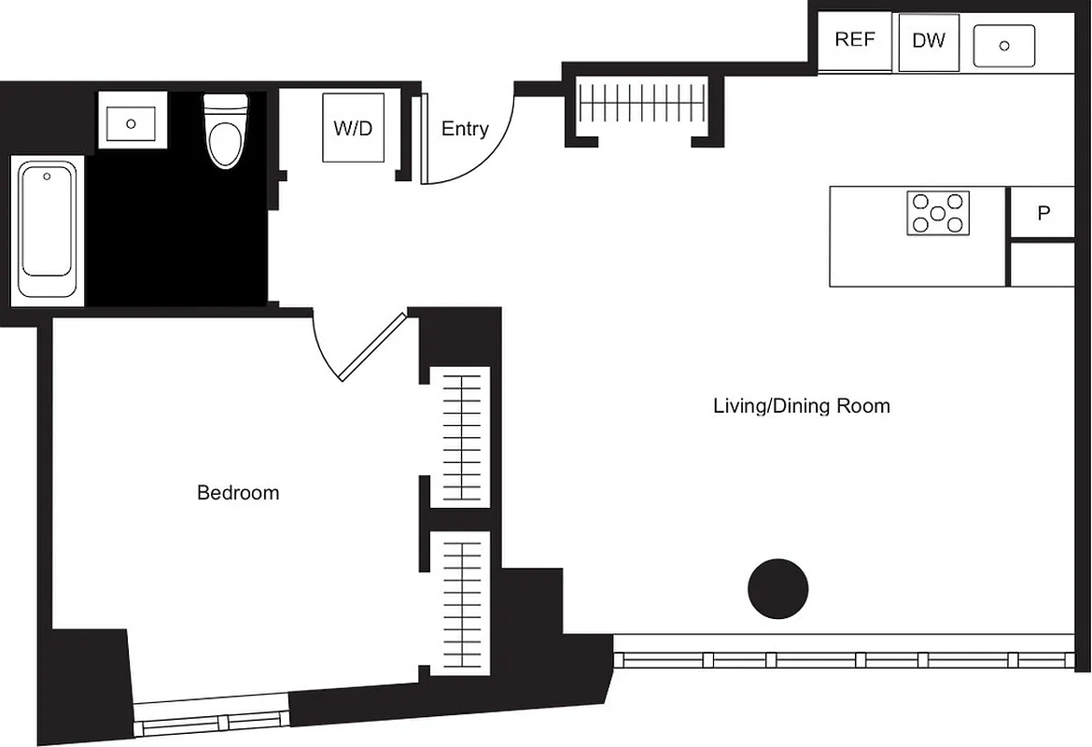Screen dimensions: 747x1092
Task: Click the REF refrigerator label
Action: pos(854,40)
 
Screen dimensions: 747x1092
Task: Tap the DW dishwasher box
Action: pos(928,41)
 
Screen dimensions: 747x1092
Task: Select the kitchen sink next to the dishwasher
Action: pos(1004,46)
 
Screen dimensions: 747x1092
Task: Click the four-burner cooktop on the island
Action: pos(937,213)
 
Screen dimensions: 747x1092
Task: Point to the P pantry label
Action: pos(1043,213)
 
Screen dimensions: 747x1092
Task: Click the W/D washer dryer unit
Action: pos(353,128)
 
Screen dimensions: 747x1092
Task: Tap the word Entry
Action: pos(465,129)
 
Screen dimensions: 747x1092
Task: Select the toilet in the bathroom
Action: pos(226,132)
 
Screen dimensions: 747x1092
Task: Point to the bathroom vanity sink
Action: pos(132,120)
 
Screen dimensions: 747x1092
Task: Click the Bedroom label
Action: pos(238,492)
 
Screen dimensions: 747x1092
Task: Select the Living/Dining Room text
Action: pos(801,405)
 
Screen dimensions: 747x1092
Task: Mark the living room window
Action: pos(845,659)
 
